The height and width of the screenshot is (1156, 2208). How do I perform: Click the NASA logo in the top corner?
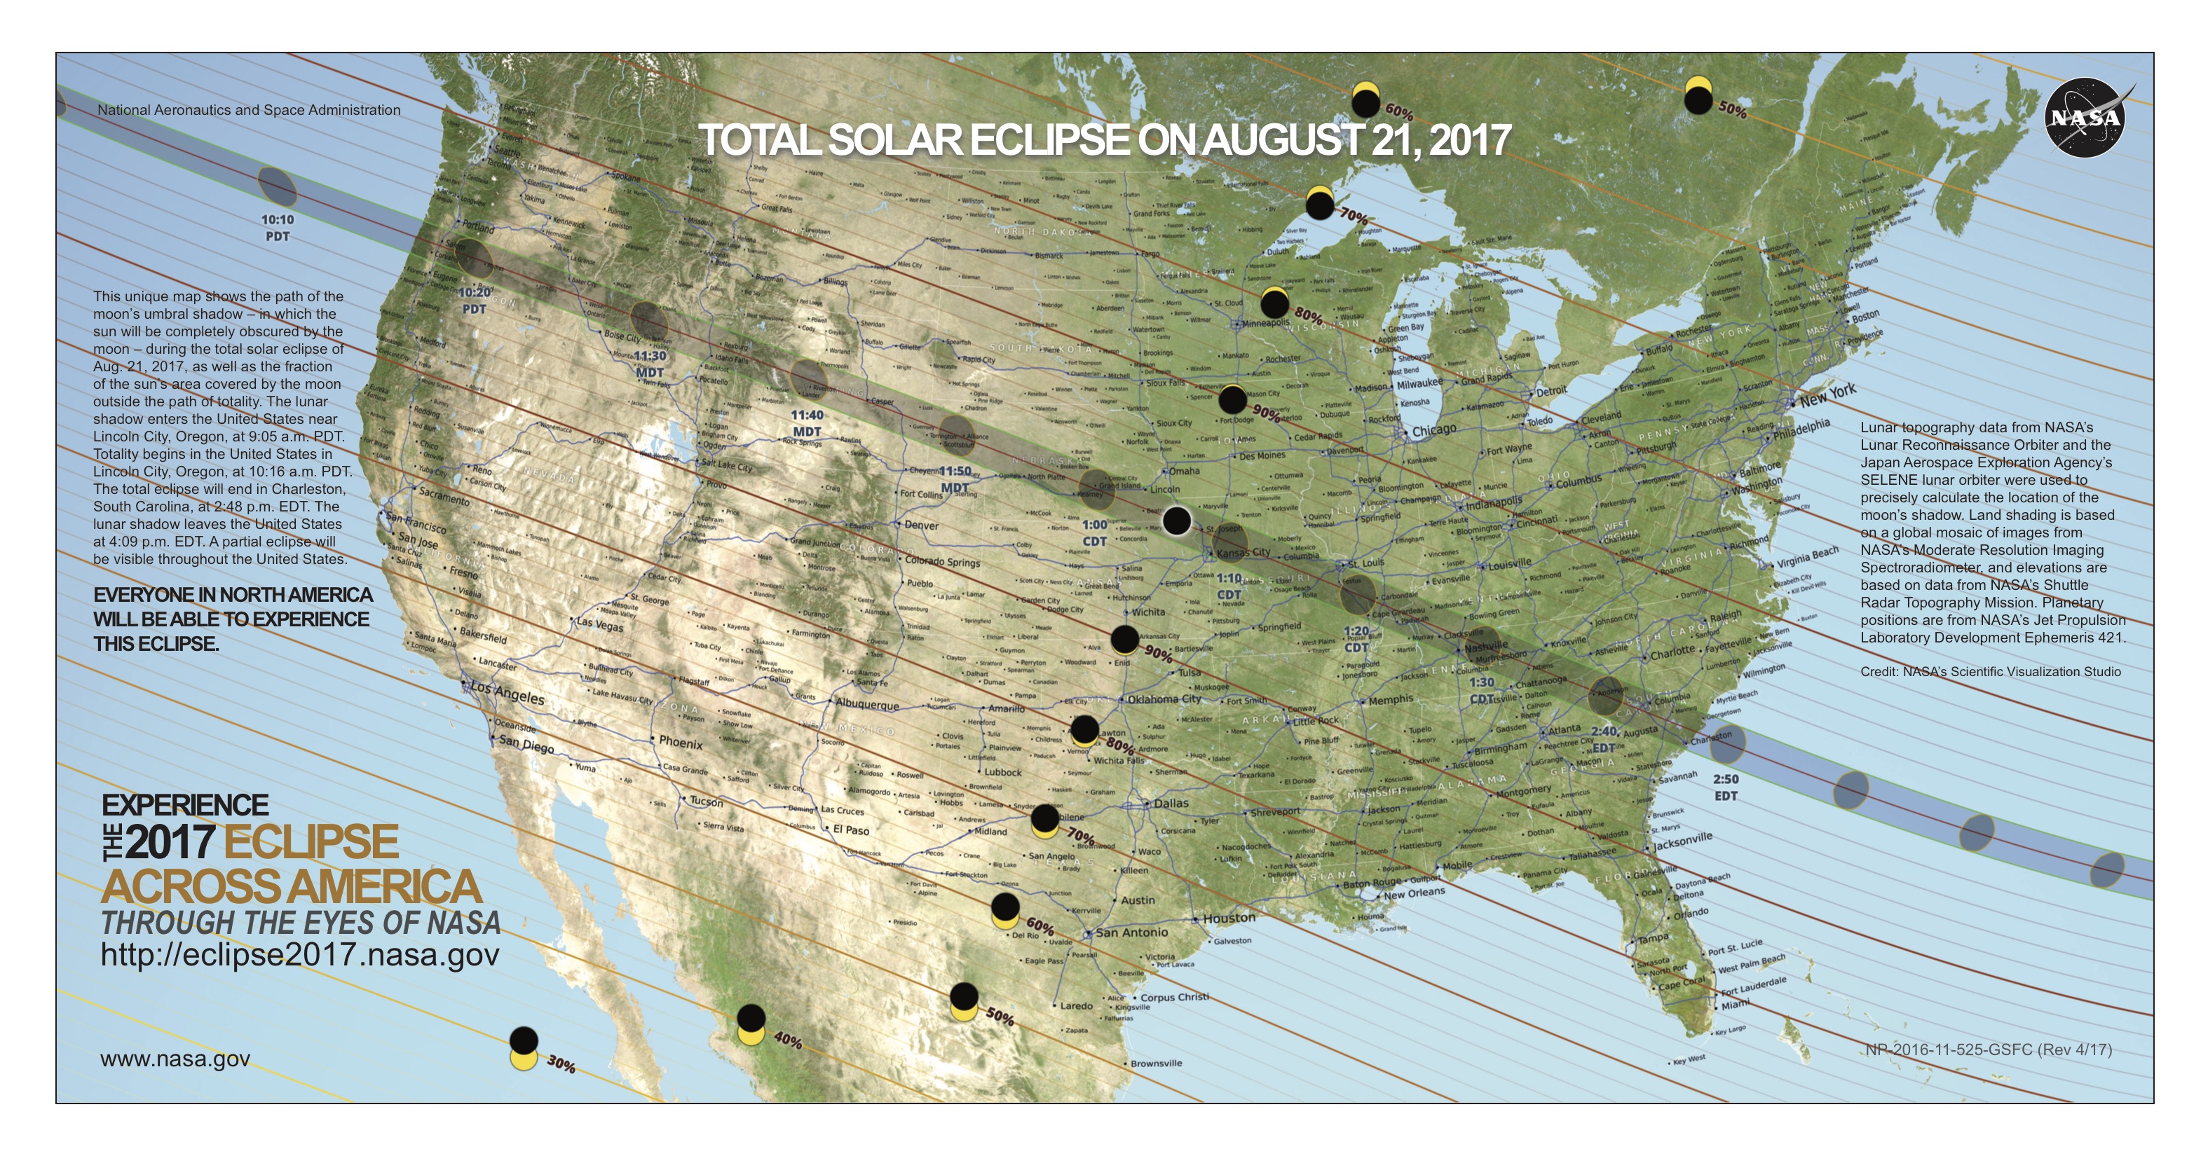click(x=2085, y=118)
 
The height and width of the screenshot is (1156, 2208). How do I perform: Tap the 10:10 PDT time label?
click(x=278, y=228)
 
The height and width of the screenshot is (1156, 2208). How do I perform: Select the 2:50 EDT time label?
click(x=1726, y=787)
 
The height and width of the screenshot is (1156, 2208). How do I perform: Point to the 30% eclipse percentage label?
click(x=561, y=1064)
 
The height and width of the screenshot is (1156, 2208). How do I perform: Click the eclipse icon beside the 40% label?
click(x=751, y=1024)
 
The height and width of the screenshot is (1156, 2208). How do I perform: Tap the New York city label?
click(x=1827, y=395)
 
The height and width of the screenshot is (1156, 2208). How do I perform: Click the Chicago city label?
click(x=1433, y=429)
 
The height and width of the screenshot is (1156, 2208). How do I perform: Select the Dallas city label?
click(x=1171, y=803)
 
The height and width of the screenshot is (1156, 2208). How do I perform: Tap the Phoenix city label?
click(x=681, y=742)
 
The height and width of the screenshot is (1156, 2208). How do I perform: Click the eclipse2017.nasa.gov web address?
click(x=300, y=955)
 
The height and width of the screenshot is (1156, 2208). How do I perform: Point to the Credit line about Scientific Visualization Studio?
click(x=1989, y=672)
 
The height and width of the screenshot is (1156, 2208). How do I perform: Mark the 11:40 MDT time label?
click(x=807, y=423)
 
